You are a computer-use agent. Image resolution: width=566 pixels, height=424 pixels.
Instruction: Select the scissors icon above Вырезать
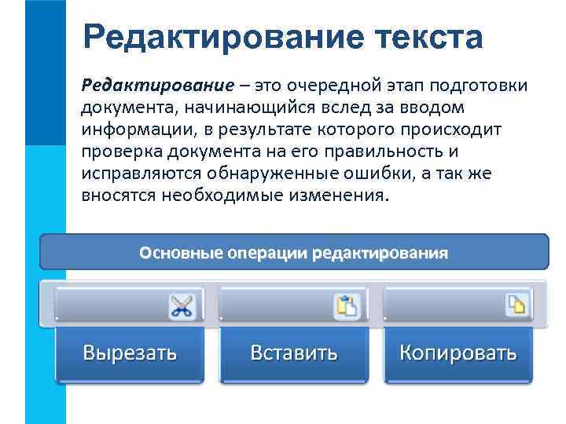point(182,305)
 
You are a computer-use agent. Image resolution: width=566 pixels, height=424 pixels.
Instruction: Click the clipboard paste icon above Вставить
point(347,305)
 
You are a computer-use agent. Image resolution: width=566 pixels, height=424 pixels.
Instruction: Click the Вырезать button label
point(130,352)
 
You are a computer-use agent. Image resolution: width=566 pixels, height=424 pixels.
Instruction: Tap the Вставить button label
point(294,352)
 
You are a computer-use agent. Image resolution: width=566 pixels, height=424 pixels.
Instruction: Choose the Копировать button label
point(458,352)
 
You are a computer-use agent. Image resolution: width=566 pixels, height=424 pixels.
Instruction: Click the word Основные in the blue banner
point(181,254)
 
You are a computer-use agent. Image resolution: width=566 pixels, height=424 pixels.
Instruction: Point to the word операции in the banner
point(267,254)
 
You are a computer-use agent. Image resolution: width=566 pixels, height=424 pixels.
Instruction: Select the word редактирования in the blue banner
point(380,254)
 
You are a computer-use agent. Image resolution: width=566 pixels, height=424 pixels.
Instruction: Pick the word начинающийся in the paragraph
point(235,106)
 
